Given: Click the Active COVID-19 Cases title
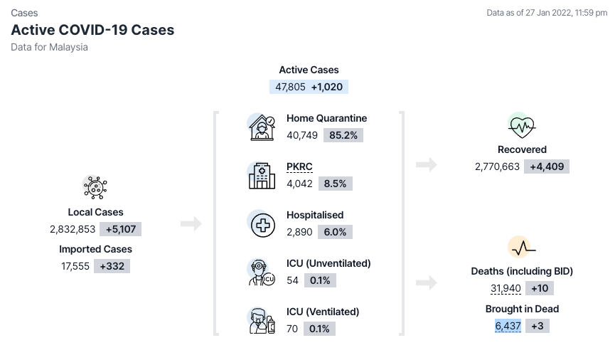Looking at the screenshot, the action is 92,30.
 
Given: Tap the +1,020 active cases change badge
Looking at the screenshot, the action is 327,87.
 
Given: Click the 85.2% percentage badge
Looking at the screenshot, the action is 343,135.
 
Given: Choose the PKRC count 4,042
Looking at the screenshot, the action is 299,184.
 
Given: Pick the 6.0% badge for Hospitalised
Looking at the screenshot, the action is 335,232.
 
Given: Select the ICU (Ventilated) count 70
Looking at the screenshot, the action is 292,329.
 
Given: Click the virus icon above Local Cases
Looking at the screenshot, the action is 95,187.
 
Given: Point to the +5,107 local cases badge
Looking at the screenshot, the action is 120,229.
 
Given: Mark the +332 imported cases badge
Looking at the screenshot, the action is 112,266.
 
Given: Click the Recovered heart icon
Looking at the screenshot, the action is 522,127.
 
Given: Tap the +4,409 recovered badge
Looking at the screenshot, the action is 547,166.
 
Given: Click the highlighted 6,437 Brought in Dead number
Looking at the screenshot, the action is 508,326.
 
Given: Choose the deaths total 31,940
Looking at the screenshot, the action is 506,289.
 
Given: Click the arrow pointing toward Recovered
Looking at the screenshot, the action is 427,164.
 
